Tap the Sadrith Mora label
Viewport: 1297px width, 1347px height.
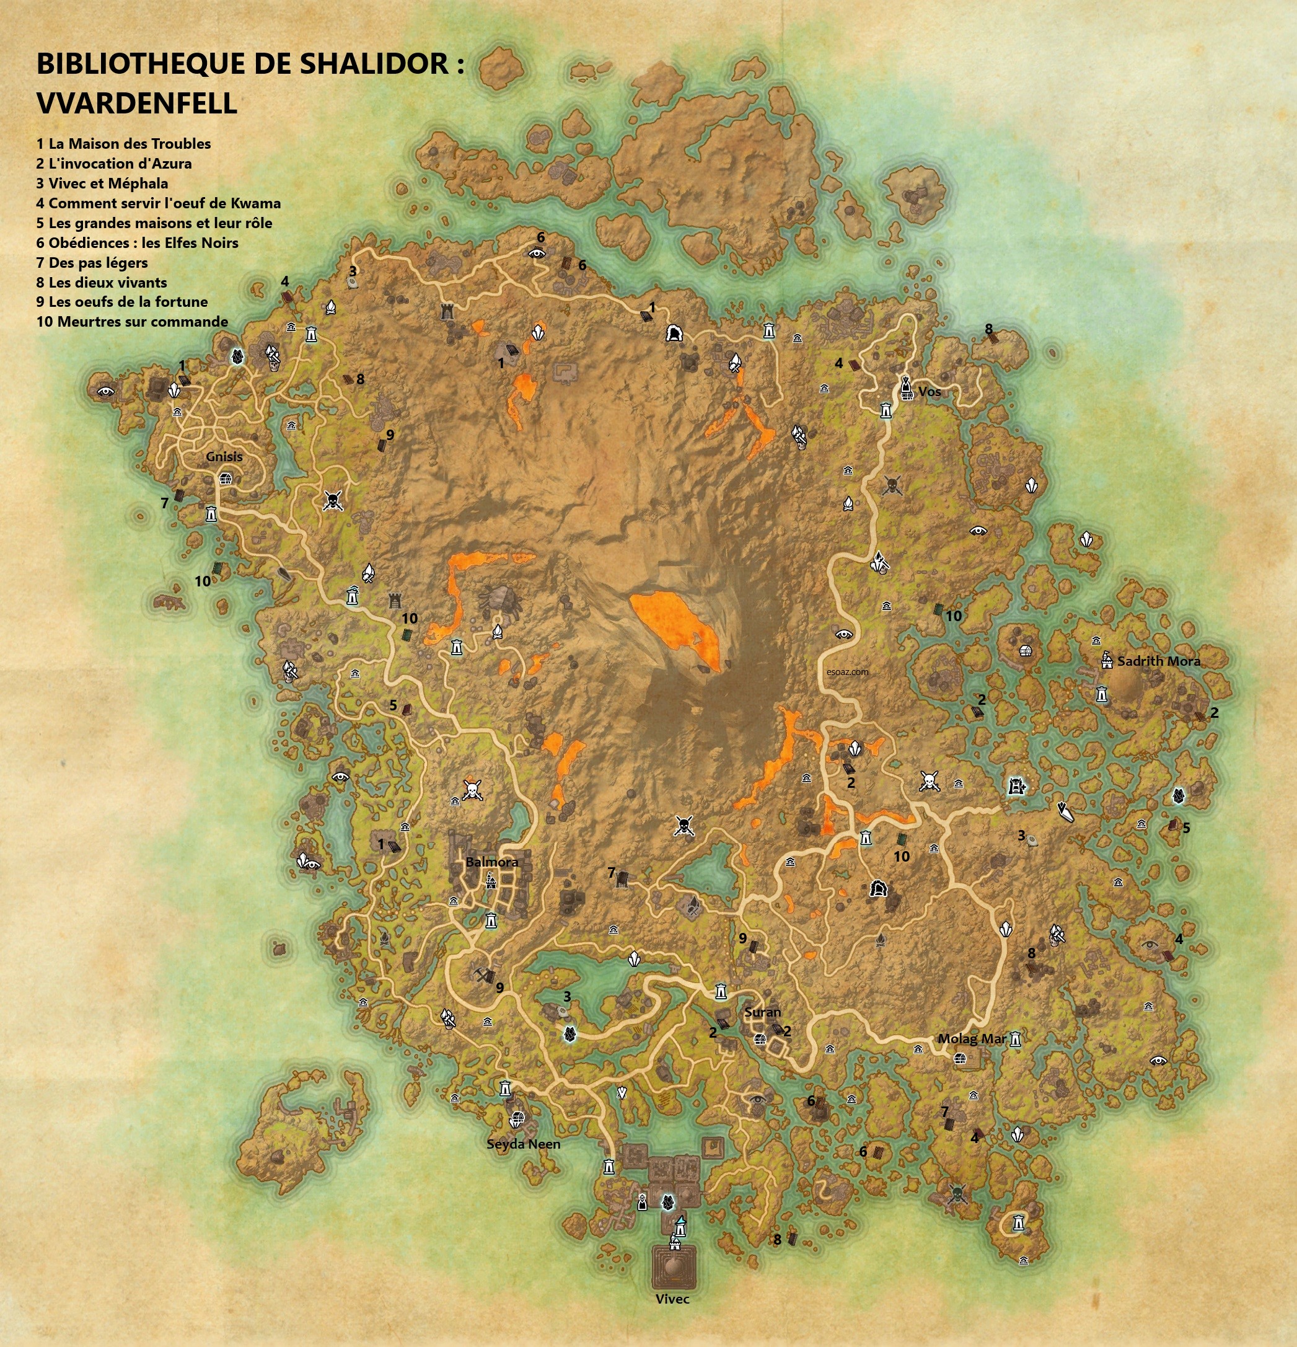(1158, 661)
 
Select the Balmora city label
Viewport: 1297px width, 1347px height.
(492, 862)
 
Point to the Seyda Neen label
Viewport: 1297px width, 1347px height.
(524, 1144)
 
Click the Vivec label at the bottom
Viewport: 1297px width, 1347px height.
(672, 1299)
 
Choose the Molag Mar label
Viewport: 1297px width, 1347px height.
(972, 1039)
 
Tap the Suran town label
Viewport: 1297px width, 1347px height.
(763, 1012)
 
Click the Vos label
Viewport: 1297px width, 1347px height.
(930, 392)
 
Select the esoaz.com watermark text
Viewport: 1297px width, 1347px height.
(848, 672)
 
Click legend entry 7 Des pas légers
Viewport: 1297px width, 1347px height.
(92, 263)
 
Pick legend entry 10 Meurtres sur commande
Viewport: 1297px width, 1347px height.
(132, 322)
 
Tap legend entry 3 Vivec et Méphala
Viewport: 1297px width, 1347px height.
(102, 183)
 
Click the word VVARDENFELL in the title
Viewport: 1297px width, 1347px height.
(137, 104)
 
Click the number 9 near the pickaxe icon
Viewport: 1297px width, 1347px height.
(499, 987)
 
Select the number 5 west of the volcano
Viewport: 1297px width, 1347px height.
(393, 705)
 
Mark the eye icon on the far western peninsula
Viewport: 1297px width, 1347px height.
(105, 391)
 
